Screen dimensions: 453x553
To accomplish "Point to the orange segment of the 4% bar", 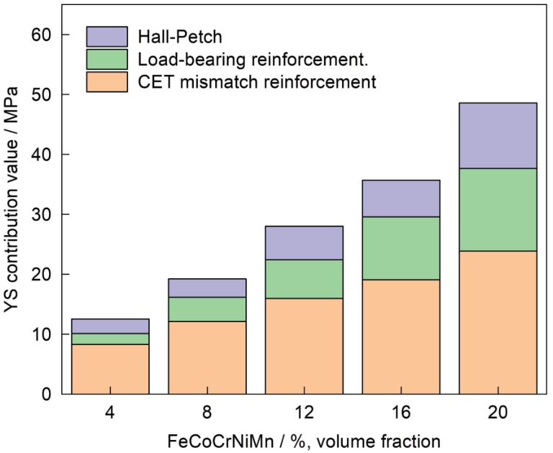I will click(x=110, y=369).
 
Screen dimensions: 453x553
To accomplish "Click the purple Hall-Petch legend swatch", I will click(x=107, y=36).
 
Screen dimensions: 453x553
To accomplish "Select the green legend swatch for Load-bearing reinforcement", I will click(x=107, y=59).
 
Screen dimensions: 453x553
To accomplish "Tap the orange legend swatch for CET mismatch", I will click(x=107, y=81).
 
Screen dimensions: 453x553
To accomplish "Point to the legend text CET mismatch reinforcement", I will click(x=256, y=82).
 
